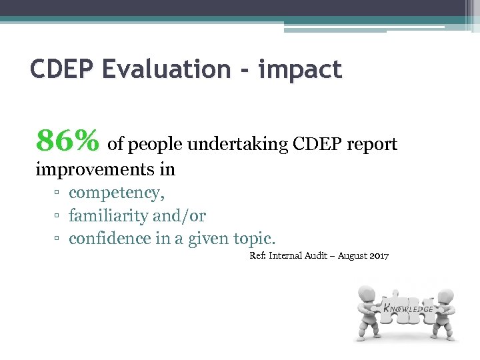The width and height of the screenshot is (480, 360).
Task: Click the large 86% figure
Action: (68, 141)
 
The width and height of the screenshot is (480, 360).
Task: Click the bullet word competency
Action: (117, 193)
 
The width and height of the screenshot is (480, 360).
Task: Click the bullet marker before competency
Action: (58, 193)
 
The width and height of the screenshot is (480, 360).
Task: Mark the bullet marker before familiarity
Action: (58, 216)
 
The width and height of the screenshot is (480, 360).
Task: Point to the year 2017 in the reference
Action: (378, 256)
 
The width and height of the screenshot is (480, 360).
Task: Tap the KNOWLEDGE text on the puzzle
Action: (407, 309)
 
